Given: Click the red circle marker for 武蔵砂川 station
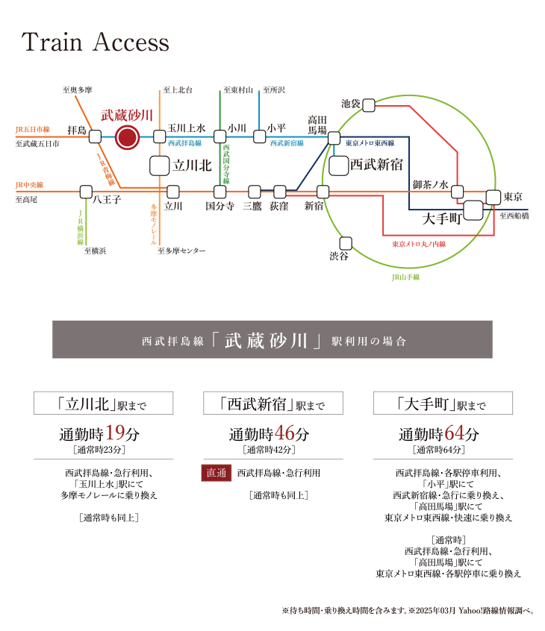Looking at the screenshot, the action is (127, 137).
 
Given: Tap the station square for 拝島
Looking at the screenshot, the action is (95, 136).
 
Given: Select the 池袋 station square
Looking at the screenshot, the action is (369, 105).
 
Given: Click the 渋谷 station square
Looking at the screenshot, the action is (346, 243).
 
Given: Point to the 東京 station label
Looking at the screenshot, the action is (513, 197).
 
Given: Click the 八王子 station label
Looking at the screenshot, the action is (107, 199).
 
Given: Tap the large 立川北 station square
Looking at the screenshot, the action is (160, 166).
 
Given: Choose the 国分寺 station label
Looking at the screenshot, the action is (219, 206).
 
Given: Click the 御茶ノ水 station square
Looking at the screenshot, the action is (457, 192).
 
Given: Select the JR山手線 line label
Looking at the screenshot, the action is (405, 277).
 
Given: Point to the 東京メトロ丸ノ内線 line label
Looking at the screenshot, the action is (419, 244).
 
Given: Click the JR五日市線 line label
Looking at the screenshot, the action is (33, 129).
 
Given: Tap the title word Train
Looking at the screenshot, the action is (52, 42).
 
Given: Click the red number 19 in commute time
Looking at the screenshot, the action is (115, 433).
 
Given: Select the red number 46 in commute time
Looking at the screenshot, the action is (284, 433).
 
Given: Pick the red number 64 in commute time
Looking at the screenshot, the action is (455, 433).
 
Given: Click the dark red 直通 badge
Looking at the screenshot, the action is (217, 473).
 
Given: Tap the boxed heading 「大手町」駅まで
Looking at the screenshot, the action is (443, 403).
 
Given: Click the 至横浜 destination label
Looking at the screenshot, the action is (95, 251).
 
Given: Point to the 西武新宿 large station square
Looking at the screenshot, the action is (339, 166).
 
